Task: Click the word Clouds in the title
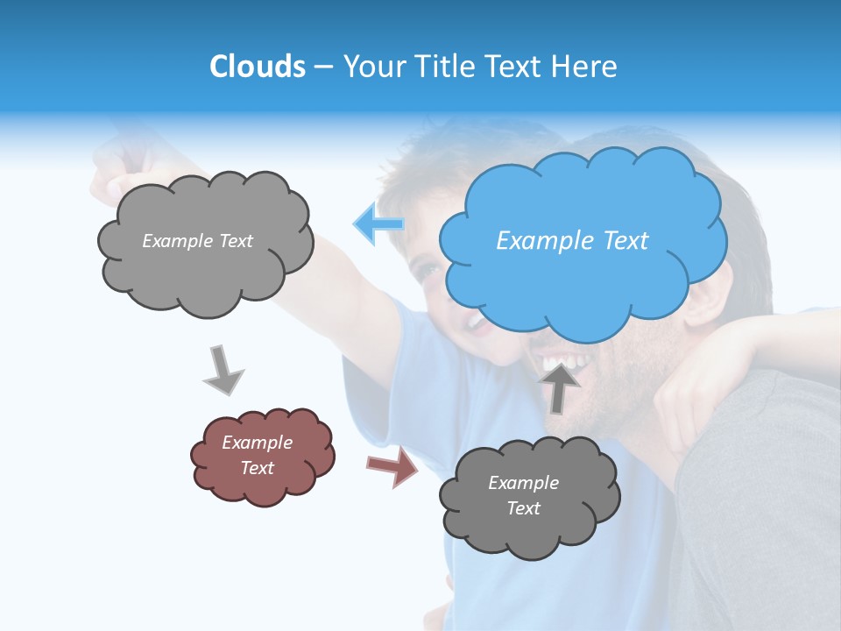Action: pyautogui.click(x=258, y=67)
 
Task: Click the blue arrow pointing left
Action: pyautogui.click(x=378, y=224)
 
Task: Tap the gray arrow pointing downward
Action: pyautogui.click(x=223, y=370)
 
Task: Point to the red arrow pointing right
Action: pyautogui.click(x=392, y=466)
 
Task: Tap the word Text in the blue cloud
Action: pyautogui.click(x=625, y=241)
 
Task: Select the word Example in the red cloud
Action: pyautogui.click(x=257, y=443)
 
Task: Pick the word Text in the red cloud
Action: pyautogui.click(x=257, y=468)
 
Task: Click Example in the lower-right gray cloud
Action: pyautogui.click(x=523, y=483)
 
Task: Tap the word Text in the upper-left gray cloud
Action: pyautogui.click(x=234, y=241)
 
